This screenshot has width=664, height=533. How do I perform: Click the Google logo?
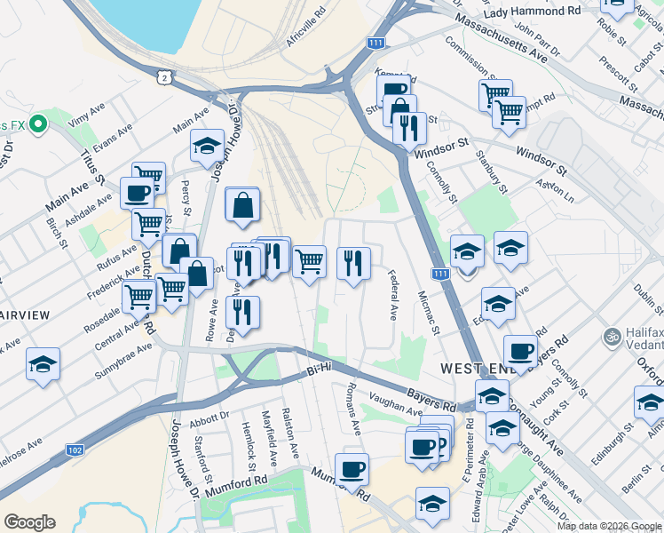tap(29, 522)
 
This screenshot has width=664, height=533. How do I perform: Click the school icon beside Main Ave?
tap(208, 146)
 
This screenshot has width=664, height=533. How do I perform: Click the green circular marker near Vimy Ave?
tap(36, 123)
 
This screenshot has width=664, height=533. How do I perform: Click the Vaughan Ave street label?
tap(396, 406)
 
